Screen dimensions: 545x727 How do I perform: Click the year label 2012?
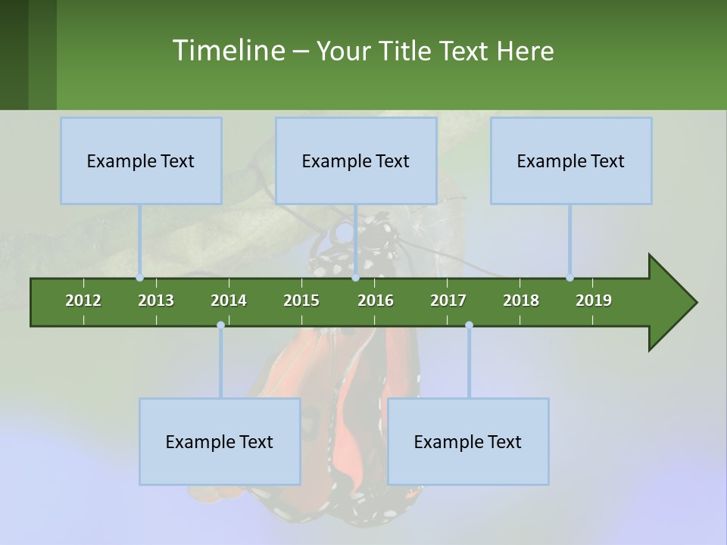pos(83,301)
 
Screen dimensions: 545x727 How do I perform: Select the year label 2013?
pos(156,301)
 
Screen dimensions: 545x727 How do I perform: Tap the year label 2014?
pos(229,301)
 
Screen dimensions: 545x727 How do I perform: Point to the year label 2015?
pos(301,301)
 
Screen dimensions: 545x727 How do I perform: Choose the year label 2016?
pos(376,301)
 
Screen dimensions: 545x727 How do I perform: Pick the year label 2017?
pos(448,301)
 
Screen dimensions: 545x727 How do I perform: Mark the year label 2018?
pos(521,301)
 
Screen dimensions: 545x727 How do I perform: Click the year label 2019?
pos(594,301)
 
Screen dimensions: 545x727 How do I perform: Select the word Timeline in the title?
pos(227,51)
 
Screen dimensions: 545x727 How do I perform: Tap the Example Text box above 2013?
pos(141,160)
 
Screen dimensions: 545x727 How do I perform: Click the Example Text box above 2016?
pos(356,160)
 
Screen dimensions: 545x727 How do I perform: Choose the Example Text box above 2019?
pos(571,160)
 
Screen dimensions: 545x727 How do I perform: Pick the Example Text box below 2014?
pos(220,441)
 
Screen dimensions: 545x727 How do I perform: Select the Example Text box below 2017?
pos(468,441)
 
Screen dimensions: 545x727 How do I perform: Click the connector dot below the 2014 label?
pos(220,325)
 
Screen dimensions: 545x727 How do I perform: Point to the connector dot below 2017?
pos(469,325)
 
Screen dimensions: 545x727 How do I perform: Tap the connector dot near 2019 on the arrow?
pos(570,278)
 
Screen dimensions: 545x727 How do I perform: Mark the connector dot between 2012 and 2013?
pos(140,278)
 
